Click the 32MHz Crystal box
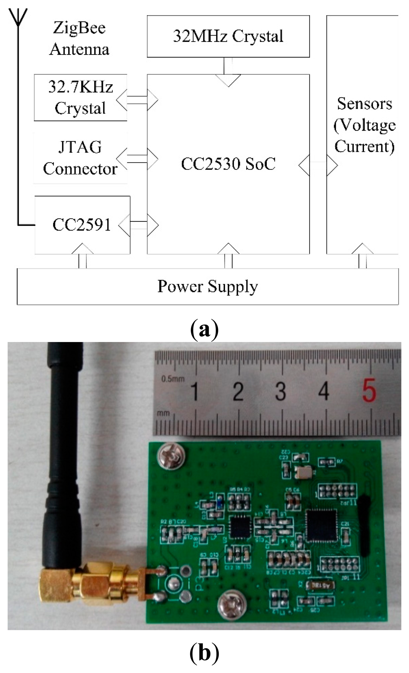pyautogui.click(x=228, y=36)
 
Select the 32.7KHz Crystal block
pyautogui.click(x=80, y=98)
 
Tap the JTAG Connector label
pyautogui.click(x=80, y=158)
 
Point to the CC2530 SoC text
pyautogui.click(x=228, y=164)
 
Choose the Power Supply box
pyautogui.click(x=208, y=287)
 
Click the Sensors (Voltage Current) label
pyautogui.click(x=364, y=125)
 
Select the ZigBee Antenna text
pyautogui.click(x=79, y=38)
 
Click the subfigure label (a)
pyautogui.click(x=204, y=330)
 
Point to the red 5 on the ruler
pyautogui.click(x=369, y=391)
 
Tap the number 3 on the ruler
pyautogui.click(x=281, y=391)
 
